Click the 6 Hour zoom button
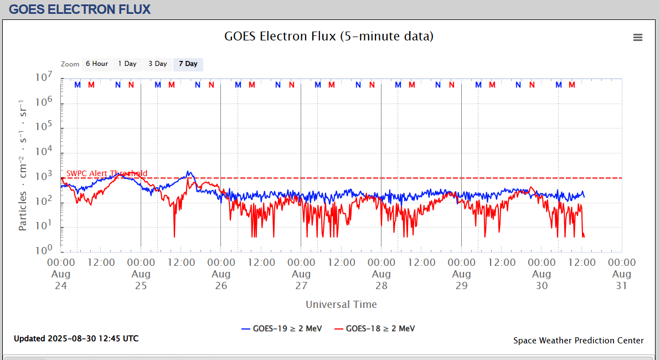coord(97,64)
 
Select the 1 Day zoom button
coord(127,64)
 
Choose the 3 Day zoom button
coord(158,64)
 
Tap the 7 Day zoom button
coord(188,64)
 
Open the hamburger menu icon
coord(638,37)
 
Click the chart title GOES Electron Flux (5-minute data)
coord(329,37)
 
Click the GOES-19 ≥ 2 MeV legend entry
coord(281,328)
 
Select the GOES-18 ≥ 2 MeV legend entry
coord(374,328)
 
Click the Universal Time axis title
coord(341,305)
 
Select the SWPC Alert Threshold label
coord(107,173)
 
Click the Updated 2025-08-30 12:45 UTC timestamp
coord(76,338)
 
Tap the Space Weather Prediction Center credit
coord(579,341)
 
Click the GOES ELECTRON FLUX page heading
coord(80,9)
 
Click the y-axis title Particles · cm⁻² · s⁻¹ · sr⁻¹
coord(23,165)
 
